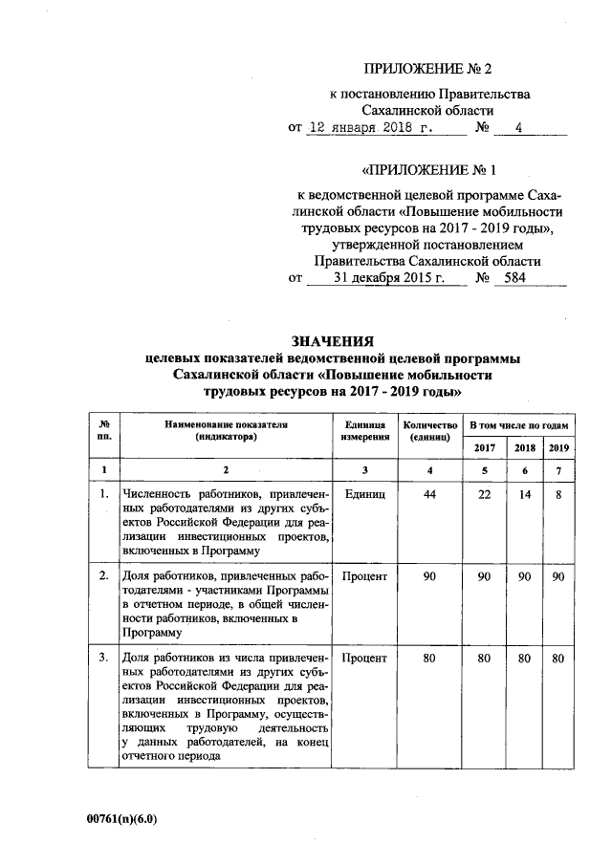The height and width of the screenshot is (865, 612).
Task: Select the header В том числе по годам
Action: pyautogui.click(x=516, y=423)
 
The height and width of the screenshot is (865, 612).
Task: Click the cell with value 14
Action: pyautogui.click(x=525, y=494)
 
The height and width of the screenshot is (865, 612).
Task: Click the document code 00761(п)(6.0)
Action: pyautogui.click(x=121, y=819)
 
